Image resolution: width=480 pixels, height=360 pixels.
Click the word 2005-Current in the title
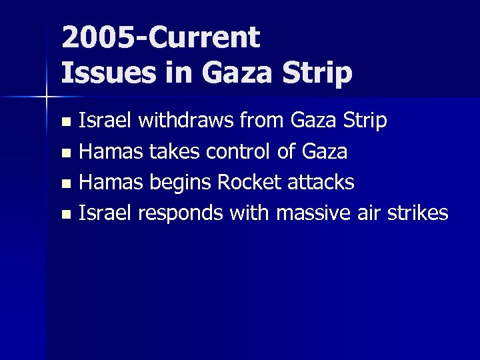tap(160, 39)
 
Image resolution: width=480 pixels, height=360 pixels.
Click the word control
tap(241, 152)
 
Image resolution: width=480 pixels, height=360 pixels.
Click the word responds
tap(181, 213)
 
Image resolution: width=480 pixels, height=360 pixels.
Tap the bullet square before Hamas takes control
tap(65, 153)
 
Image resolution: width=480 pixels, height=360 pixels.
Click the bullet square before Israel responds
tap(65, 215)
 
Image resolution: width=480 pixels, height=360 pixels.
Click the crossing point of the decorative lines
tap(46, 97)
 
